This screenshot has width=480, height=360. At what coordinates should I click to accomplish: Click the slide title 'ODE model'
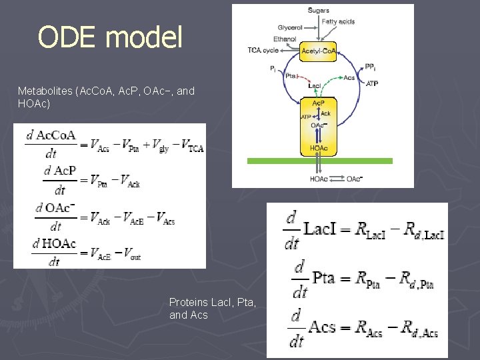pos(110,37)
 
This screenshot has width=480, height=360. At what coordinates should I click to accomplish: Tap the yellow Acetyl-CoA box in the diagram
pos(319,51)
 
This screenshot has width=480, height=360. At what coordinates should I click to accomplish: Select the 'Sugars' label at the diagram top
pos(319,10)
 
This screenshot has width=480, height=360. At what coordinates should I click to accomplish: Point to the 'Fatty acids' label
pos(338,21)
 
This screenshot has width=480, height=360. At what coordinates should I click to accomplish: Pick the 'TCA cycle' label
pos(263,50)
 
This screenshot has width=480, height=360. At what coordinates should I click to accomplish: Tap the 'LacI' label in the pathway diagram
pos(315,85)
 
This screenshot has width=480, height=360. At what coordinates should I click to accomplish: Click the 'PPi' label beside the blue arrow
pos(371,67)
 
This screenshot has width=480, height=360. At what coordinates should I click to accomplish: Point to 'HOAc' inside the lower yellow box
pos(319,147)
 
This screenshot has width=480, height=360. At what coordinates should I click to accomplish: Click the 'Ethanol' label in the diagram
pos(285,39)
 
